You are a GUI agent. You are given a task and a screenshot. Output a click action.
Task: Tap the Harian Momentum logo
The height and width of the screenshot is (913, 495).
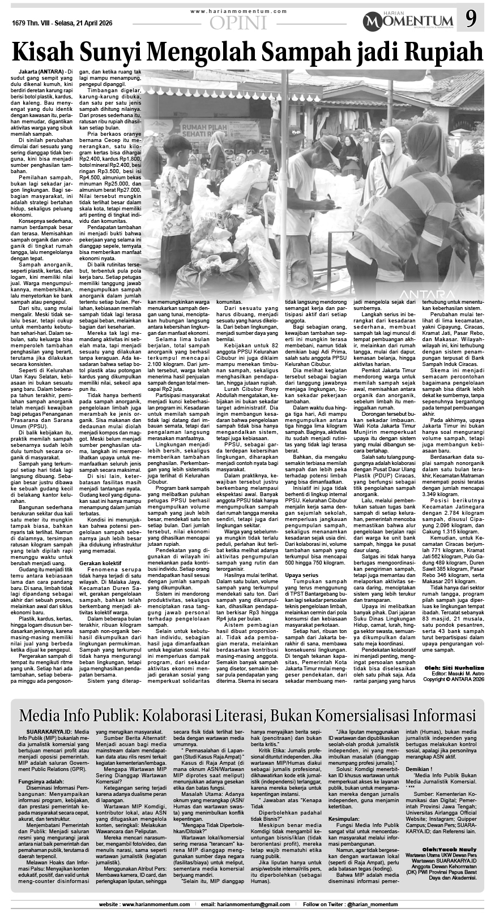coord(411,21)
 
